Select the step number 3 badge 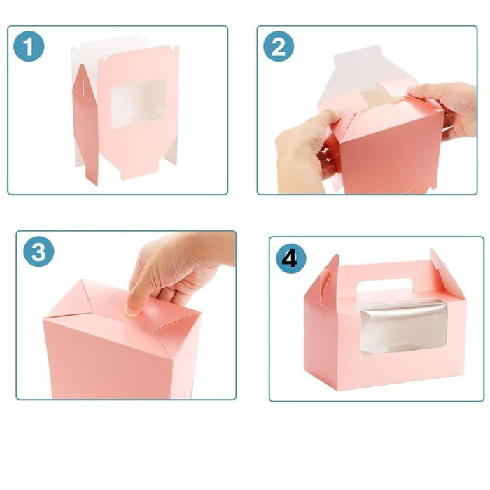(38, 253)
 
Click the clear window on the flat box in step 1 (138, 103)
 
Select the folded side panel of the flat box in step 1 (86, 122)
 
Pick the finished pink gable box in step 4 (385, 329)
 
